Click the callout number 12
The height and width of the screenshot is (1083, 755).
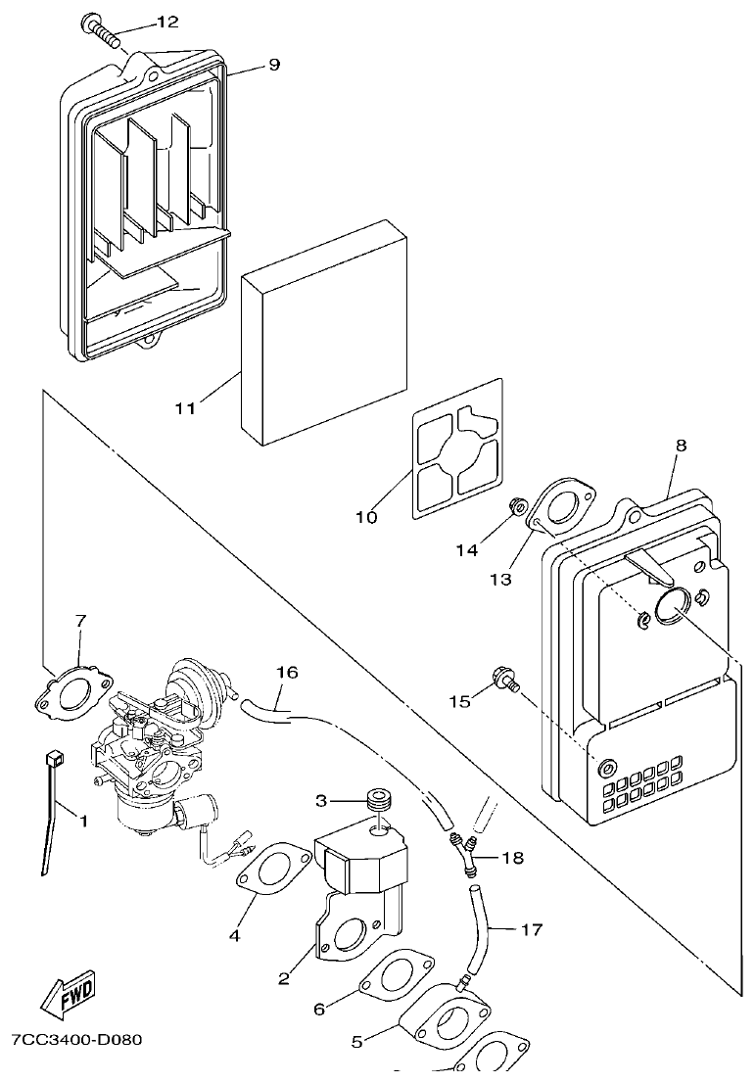tap(167, 22)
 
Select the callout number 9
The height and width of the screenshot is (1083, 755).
tap(273, 65)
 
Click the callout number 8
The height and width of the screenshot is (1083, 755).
tap(681, 446)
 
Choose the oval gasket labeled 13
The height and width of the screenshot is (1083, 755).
tap(560, 509)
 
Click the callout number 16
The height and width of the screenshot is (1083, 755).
tap(287, 673)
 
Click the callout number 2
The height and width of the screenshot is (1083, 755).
tap(283, 977)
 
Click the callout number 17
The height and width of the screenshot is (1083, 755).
tap(532, 929)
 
